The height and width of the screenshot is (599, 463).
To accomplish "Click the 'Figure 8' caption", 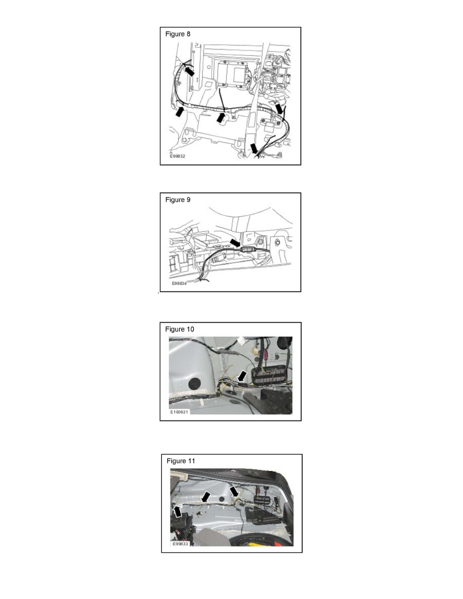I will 178,34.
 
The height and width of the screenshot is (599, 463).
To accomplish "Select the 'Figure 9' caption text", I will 178,200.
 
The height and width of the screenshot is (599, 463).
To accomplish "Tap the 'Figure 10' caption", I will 180,329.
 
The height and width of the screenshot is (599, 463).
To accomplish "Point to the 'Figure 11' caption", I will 181,460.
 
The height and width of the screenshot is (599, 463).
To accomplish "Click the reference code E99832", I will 177,157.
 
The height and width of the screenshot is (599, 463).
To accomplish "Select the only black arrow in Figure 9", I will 236,244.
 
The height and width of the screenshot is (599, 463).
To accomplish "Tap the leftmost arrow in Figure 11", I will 178,512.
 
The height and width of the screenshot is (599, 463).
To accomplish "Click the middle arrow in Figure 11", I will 205,497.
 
